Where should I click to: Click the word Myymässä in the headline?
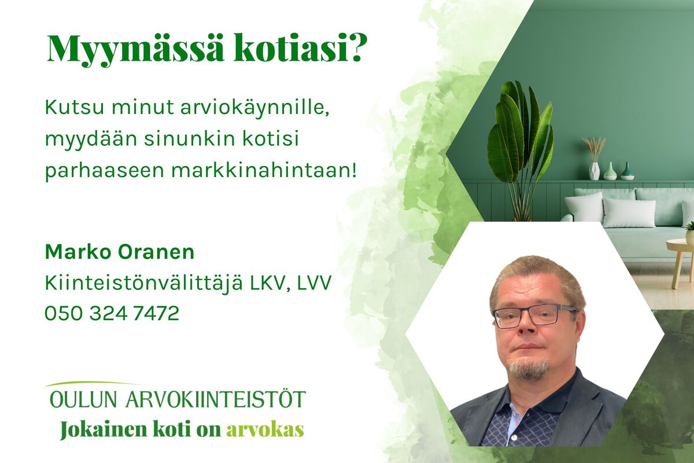tap(135, 50)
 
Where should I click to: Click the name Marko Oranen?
tap(120, 252)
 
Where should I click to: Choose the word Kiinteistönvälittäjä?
tap(143, 283)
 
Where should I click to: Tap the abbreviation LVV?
tap(314, 283)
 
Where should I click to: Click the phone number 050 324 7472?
tap(112, 313)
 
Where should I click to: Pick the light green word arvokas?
tap(265, 431)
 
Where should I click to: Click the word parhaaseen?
tap(105, 171)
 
